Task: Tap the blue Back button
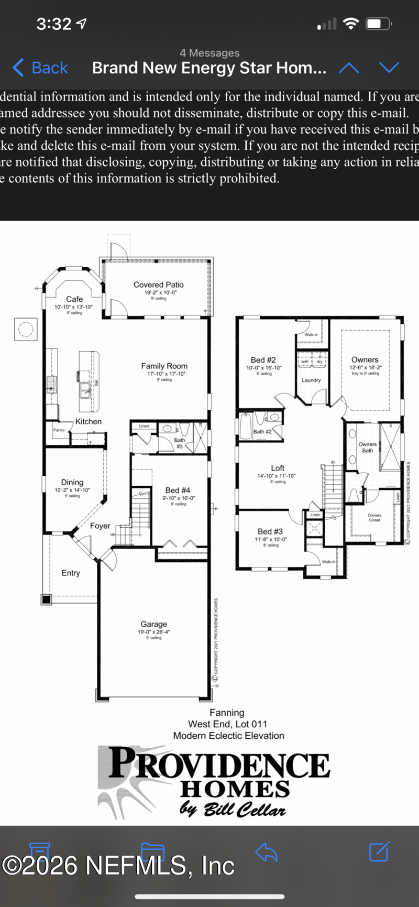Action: (x=41, y=68)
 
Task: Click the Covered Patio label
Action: (x=158, y=285)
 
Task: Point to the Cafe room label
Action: (x=74, y=299)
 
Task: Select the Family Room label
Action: (x=164, y=366)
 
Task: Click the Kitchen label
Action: (x=89, y=421)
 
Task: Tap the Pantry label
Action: (x=59, y=430)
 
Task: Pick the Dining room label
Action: (x=72, y=482)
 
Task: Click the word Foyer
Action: (x=100, y=526)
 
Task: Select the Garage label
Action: (x=153, y=624)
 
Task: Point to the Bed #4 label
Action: (x=178, y=490)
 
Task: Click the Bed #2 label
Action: (x=263, y=360)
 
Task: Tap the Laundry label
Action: (x=311, y=380)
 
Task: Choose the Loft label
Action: (x=278, y=468)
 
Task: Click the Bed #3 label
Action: (x=270, y=531)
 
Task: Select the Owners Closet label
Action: (x=374, y=518)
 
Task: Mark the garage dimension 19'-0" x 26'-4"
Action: (x=153, y=632)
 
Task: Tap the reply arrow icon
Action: (x=266, y=852)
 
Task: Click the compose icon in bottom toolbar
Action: (x=379, y=852)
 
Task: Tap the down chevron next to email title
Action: (x=389, y=68)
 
